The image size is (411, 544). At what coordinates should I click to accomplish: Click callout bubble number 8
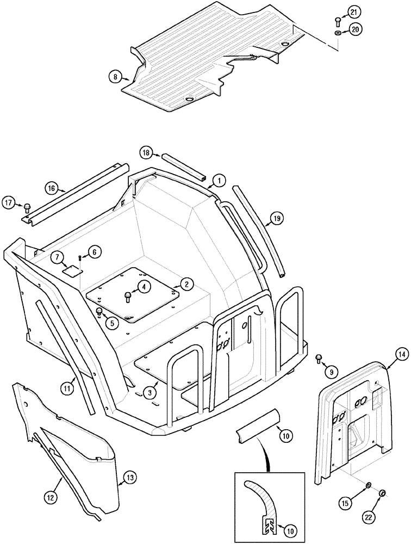coord(115,77)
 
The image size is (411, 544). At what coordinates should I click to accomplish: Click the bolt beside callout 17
coord(27,206)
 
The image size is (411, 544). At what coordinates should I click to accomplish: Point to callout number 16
coord(51,188)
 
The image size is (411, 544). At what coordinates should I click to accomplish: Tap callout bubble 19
coord(276,219)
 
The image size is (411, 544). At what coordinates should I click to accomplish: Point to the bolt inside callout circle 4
coord(128,296)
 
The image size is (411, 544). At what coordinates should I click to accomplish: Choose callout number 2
coord(185,283)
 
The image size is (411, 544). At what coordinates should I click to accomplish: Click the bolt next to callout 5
coord(99,312)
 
